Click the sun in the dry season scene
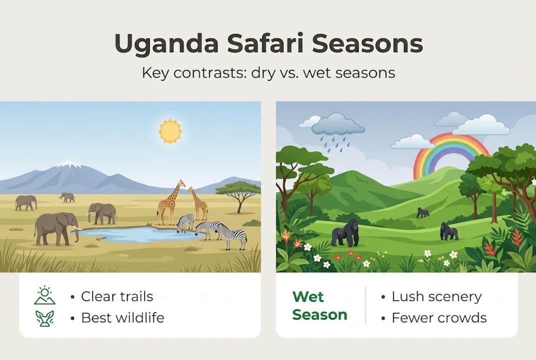(170, 130)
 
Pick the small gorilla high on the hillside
(423, 212)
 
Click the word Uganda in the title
(165, 44)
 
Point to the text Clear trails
(118, 296)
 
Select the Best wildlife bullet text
(122, 317)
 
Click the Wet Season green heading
(320, 305)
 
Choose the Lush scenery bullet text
(436, 296)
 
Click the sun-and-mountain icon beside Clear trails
(45, 295)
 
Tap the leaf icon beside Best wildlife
(44, 318)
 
